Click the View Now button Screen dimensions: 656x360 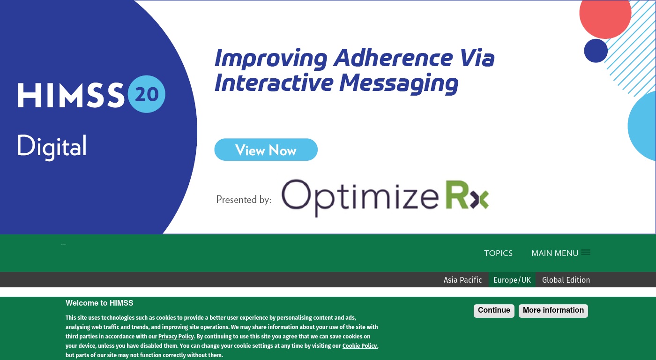coord(266,150)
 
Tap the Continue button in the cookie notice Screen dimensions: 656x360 coord(494,310)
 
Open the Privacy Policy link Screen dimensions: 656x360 coord(176,336)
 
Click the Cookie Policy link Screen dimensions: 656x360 coord(360,345)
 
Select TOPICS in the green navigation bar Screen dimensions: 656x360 coord(498,253)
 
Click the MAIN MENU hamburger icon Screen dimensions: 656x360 coord(586,252)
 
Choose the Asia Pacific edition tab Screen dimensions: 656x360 coord(463,280)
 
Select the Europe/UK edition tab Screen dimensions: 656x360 coord(512,280)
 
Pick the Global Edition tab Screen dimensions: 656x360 coord(566,280)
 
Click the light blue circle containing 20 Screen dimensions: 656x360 coord(146,94)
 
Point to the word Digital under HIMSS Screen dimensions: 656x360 coord(52,147)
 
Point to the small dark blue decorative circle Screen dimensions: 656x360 coord(596,51)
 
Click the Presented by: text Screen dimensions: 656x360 coord(244,200)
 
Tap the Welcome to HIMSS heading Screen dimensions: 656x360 coord(99,303)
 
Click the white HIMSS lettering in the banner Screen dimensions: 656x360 coord(71,95)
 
